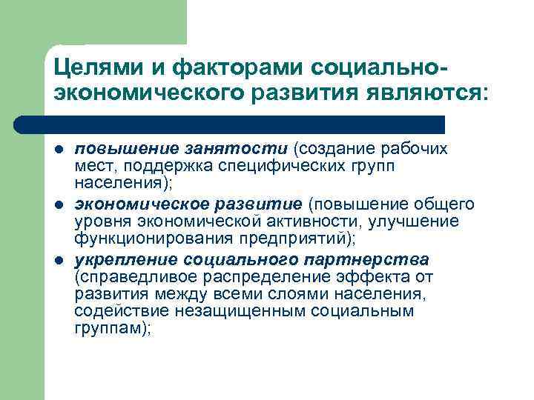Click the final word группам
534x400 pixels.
(110, 328)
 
